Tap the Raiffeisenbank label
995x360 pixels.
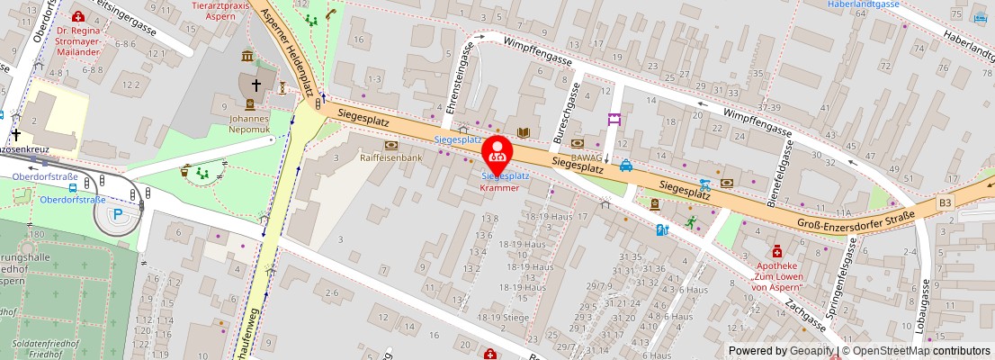point(390,157)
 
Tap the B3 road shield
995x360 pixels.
point(946,203)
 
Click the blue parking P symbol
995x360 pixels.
point(118,215)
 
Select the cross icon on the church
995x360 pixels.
point(255,85)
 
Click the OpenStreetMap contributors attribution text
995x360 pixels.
point(917,351)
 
